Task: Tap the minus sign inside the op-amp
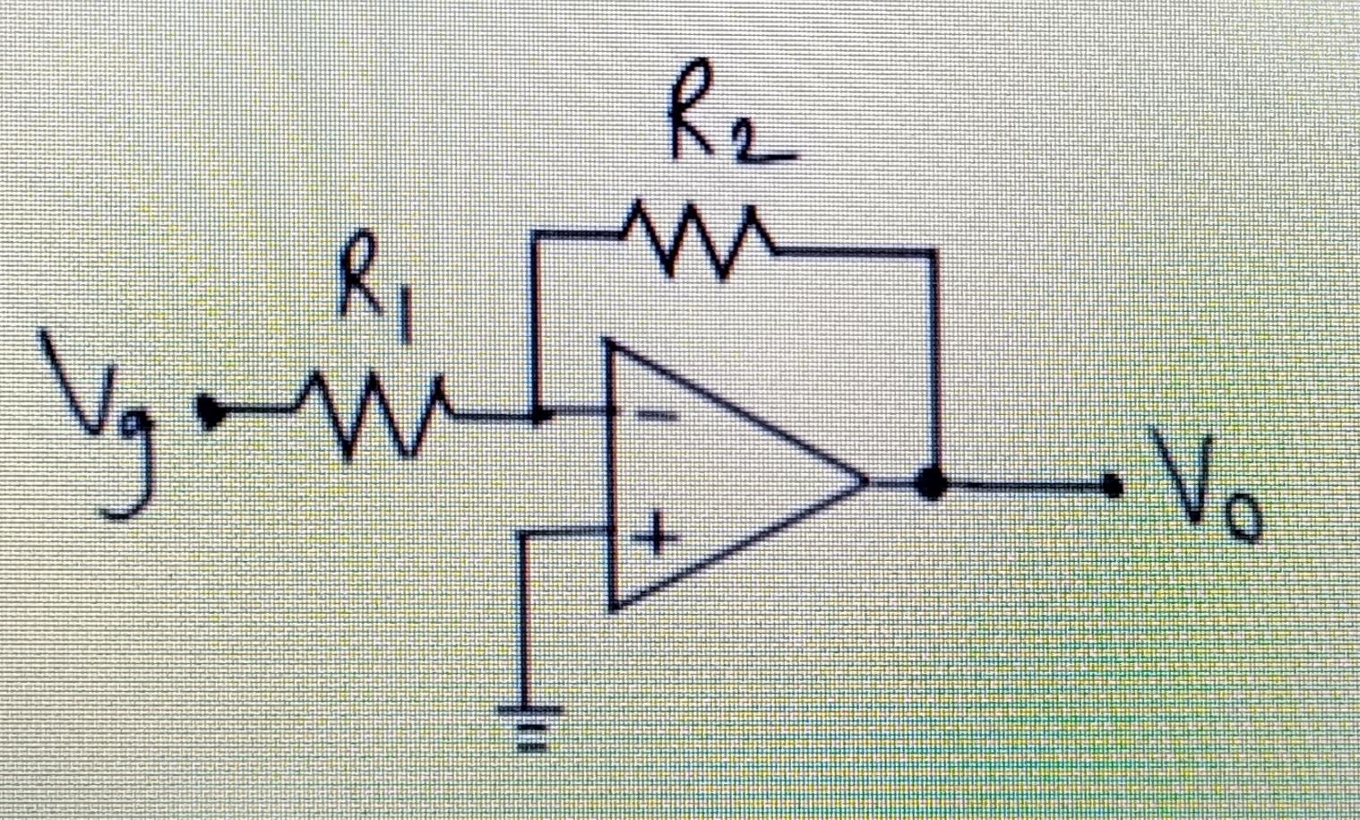658,415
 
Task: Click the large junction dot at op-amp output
933,485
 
